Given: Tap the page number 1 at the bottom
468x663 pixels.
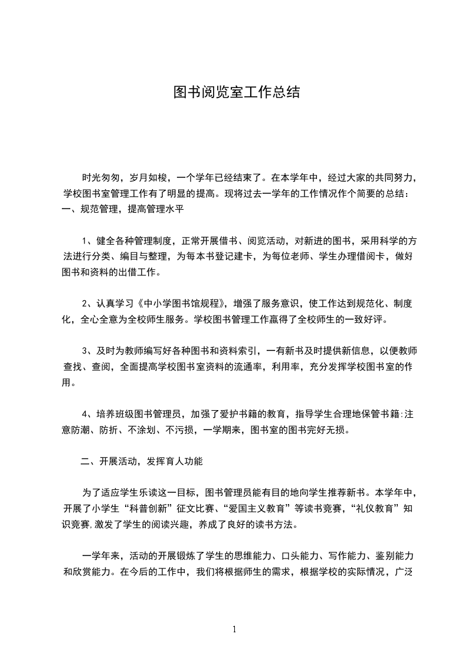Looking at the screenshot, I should pos(234,629).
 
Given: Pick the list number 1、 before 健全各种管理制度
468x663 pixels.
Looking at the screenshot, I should pos(87,240).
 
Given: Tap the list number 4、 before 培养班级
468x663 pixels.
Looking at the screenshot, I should pos(87,414).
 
